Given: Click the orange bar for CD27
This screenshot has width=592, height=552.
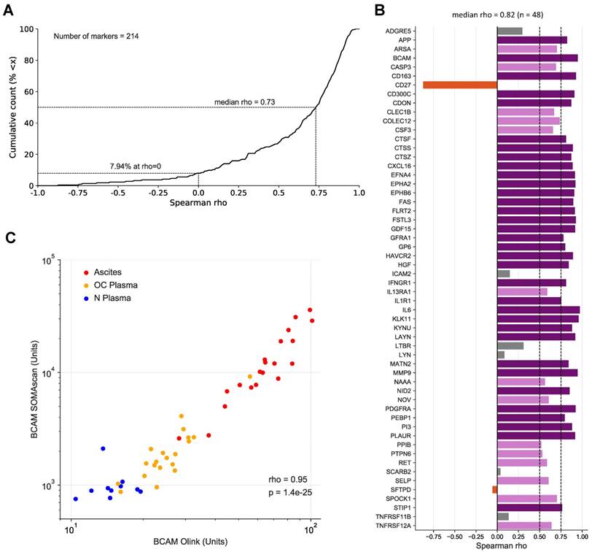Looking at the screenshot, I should pyautogui.click(x=459, y=85).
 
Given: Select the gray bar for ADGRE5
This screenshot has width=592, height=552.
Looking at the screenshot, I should pyautogui.click(x=510, y=31).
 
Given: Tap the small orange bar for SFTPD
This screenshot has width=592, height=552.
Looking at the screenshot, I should pyautogui.click(x=494, y=489).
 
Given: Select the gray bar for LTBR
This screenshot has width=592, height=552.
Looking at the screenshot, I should pyautogui.click(x=510, y=345).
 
